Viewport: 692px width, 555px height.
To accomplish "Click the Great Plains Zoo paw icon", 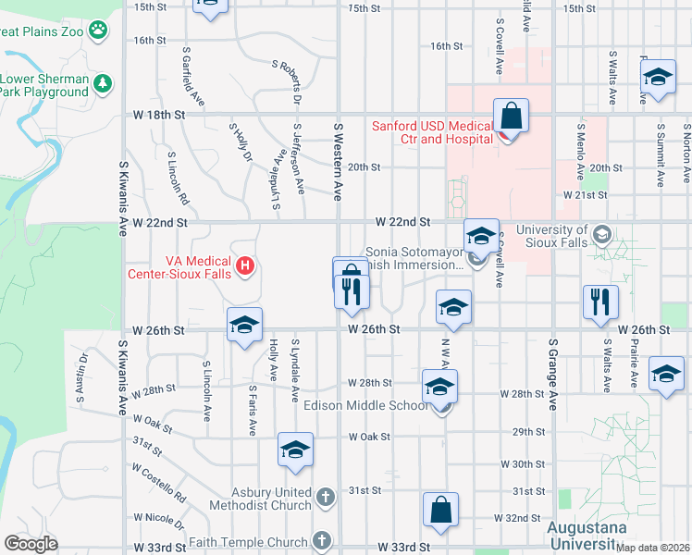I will click(x=98, y=31).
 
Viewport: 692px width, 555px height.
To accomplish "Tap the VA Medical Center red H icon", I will click(x=245, y=267).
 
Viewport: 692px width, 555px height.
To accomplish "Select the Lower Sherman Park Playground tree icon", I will click(x=102, y=84).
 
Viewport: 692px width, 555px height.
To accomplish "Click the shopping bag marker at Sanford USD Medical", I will click(x=510, y=117).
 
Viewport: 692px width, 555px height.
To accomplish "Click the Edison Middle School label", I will click(x=363, y=404).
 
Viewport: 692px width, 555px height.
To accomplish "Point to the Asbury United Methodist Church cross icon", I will click(x=324, y=498).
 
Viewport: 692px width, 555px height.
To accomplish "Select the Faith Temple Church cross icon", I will click(x=321, y=539).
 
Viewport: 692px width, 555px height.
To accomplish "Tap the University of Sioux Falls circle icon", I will click(x=603, y=232).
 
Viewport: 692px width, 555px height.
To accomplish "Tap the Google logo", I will click(x=31, y=543).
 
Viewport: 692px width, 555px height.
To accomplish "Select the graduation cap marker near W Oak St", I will click(x=295, y=450).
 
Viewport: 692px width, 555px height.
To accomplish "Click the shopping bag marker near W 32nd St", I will click(x=441, y=510).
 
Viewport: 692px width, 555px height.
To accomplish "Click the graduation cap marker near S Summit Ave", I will click(x=658, y=78).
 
